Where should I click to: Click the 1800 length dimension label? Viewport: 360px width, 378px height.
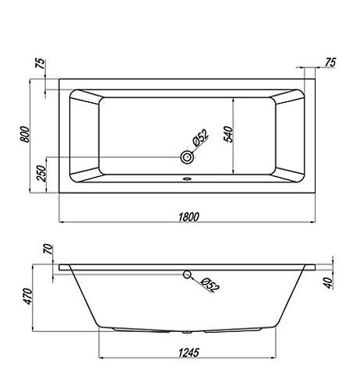coord(189,217)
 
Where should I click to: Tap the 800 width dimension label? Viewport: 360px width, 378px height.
coord(25,134)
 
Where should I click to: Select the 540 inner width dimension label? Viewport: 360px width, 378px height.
coord(228,134)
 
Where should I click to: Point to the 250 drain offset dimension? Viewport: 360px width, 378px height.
coord(41,173)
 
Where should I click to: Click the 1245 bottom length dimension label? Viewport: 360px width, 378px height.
coord(189,352)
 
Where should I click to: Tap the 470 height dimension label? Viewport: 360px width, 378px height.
coord(28,296)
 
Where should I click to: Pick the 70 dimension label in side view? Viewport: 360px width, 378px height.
coord(48,249)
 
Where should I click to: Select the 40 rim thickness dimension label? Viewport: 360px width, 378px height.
coord(329,283)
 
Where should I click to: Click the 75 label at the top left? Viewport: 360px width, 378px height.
coord(41,63)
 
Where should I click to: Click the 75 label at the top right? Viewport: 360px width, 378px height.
coord(330,62)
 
